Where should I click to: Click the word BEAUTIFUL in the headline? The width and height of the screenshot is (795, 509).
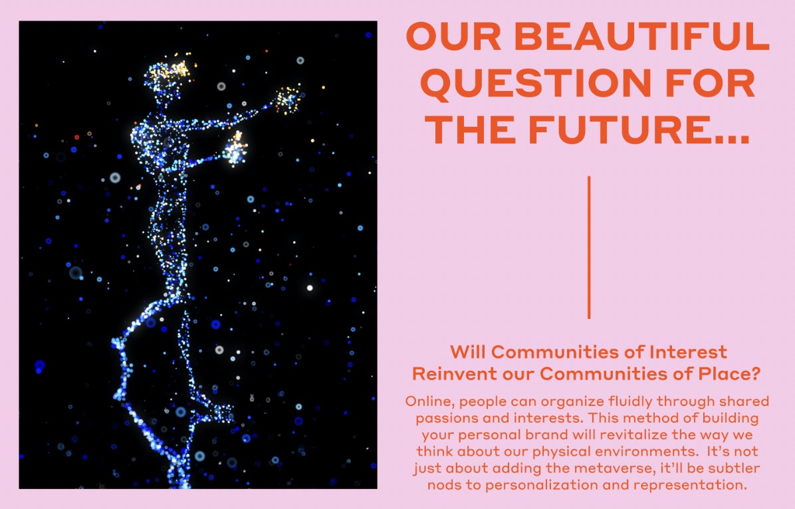(x=642, y=37)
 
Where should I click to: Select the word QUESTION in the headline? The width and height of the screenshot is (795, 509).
(x=536, y=84)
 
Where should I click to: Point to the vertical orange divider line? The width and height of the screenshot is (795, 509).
(x=589, y=247)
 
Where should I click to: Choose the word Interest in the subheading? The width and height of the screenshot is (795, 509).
(x=688, y=352)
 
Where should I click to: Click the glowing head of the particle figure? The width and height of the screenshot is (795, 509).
(x=168, y=76)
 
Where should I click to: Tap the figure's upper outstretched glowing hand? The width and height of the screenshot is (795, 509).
(x=287, y=100)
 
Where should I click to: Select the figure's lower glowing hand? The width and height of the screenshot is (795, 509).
(x=236, y=149)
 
